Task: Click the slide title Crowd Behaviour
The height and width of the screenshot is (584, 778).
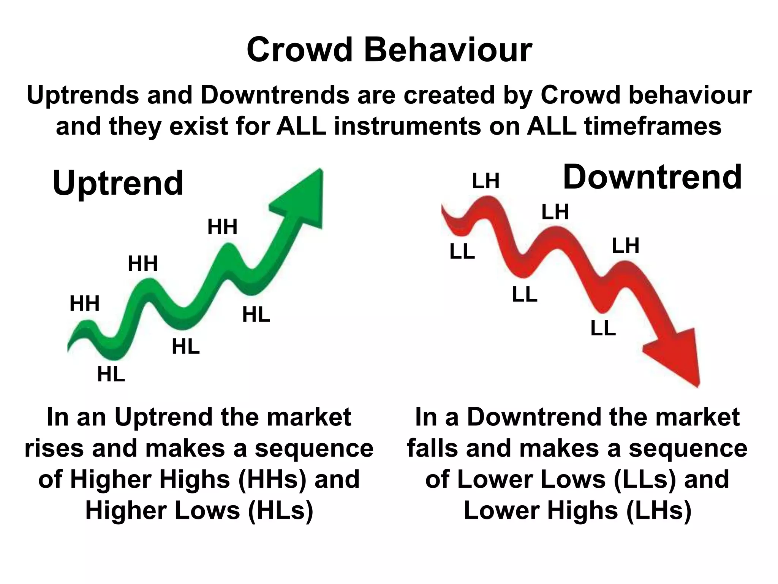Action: [389, 50]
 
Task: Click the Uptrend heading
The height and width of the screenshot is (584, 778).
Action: [118, 183]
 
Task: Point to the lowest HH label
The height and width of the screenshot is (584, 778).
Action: [84, 304]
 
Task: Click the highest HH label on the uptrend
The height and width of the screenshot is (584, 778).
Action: [222, 227]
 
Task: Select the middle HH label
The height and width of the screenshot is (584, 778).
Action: [142, 263]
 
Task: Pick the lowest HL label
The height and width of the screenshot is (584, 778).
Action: [111, 374]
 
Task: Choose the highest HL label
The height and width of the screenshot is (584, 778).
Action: [256, 315]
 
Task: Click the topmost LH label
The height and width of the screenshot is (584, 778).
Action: [485, 181]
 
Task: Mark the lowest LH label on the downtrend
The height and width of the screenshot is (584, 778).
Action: [625, 246]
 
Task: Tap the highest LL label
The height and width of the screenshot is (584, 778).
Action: [462, 252]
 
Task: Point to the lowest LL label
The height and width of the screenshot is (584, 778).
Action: [603, 328]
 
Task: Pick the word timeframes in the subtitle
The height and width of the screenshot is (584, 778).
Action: [653, 127]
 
